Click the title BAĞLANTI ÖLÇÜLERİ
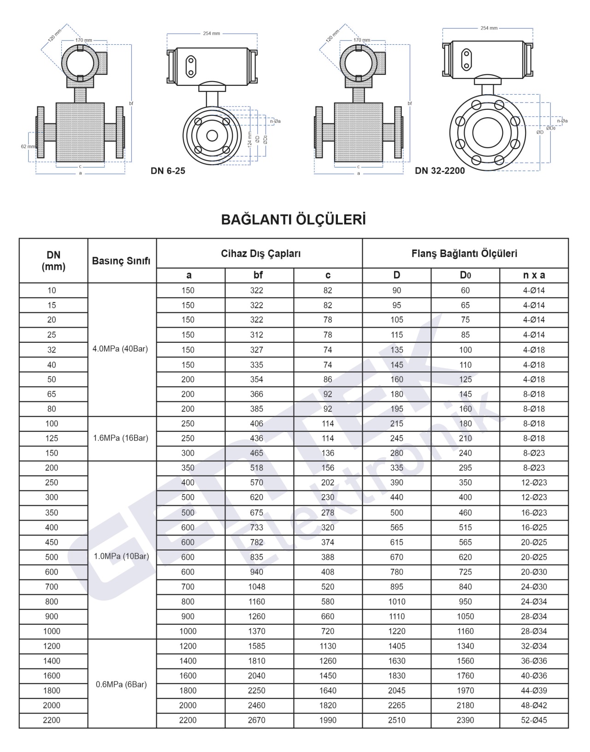[x=293, y=220]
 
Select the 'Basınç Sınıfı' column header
[x=121, y=261]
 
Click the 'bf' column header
[x=258, y=275]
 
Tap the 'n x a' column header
[x=534, y=275]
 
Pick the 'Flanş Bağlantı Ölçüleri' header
[x=464, y=253]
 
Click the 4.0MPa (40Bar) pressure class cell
[x=120, y=349]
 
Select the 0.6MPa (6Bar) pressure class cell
[x=121, y=685]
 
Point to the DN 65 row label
[x=52, y=394]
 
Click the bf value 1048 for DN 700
[x=257, y=587]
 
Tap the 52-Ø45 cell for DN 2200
[x=534, y=720]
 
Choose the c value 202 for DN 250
[x=328, y=483]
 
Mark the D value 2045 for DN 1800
[x=397, y=691]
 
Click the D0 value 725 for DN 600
[x=465, y=572]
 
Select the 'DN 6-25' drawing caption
[x=168, y=171]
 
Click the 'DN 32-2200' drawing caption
[x=440, y=171]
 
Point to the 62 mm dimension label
[x=28, y=146]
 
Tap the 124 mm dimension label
[x=250, y=138]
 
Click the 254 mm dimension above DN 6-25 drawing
[x=212, y=34]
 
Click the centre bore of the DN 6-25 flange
[x=212, y=136]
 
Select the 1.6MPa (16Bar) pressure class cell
[x=120, y=438]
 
